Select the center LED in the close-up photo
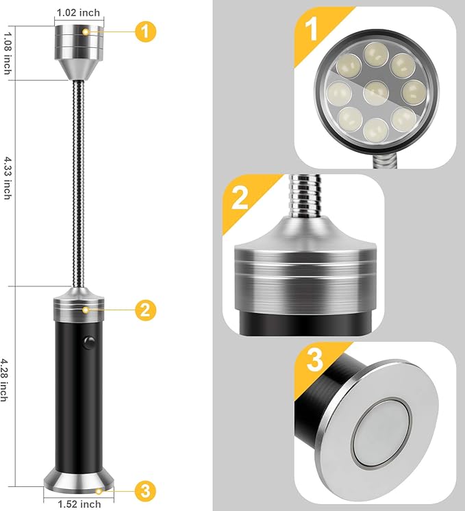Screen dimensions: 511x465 pos(376,91)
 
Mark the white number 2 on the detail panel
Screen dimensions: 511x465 pos(240,198)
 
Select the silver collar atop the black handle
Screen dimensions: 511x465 pos(79,306)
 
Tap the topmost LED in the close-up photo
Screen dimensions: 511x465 pos(375,52)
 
